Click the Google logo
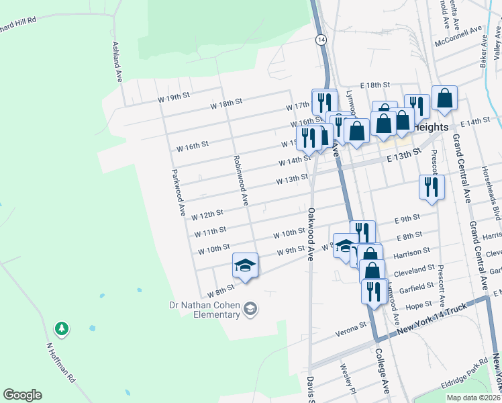23,395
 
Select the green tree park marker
62,328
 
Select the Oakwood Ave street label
311,234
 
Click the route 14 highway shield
321,40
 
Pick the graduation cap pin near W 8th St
245,265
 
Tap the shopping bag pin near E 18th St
444,98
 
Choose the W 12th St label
207,215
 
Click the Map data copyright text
474,398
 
